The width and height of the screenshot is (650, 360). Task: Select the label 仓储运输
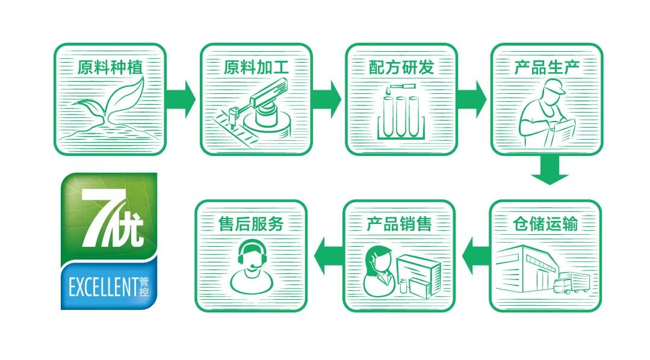545,224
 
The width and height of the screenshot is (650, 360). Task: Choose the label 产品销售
399,224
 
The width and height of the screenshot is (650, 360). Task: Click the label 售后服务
251,224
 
